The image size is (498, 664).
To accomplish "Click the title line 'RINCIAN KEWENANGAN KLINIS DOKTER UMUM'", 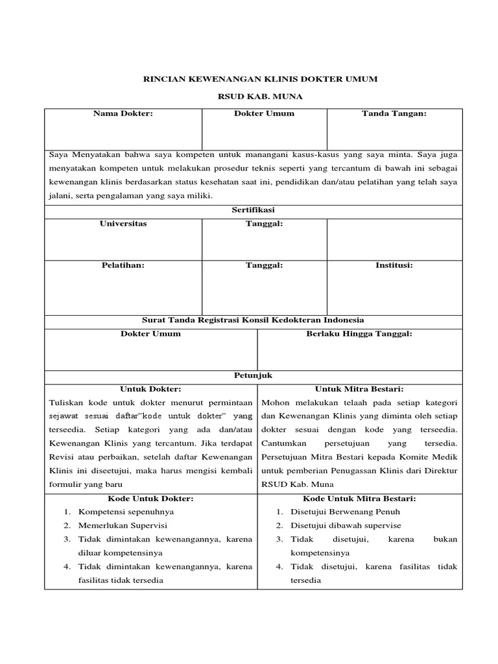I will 259,79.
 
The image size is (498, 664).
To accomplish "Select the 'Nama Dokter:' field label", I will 123,113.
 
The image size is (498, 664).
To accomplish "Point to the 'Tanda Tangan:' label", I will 394,113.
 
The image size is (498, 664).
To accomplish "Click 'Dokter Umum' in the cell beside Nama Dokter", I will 264,113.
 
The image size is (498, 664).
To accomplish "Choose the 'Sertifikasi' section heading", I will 254,211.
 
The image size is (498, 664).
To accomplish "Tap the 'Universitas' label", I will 123,224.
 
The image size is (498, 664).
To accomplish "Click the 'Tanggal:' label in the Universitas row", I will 264,224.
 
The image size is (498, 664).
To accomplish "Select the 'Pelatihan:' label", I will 123,265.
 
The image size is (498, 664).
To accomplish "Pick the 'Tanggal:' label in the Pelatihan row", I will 264,265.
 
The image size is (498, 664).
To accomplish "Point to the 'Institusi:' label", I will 394,265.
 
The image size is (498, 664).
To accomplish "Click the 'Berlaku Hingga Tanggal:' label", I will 359,334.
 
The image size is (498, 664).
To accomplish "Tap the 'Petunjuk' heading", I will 254,375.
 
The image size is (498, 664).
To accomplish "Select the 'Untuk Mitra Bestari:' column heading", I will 359,388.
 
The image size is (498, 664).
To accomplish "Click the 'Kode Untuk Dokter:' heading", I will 150,498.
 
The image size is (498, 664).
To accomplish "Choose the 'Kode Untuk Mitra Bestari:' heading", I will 359,498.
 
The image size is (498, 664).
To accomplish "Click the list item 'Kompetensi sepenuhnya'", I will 126,512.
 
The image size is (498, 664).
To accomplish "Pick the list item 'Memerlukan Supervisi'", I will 123,525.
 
